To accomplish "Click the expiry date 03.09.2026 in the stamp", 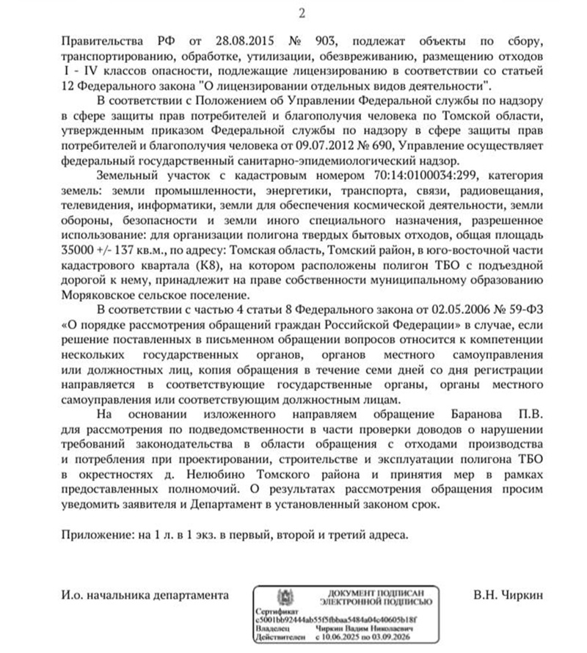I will pyautogui.click(x=395, y=638).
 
